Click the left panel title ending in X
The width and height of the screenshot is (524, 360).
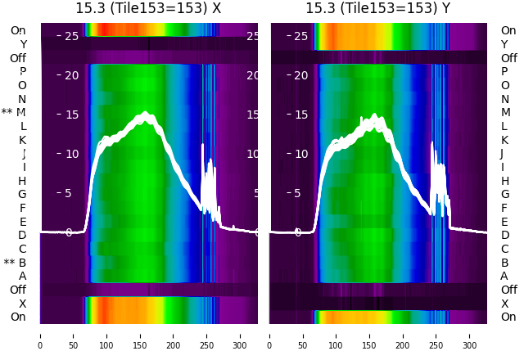148,8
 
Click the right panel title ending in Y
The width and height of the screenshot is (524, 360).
378,8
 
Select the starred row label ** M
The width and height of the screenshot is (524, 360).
14,113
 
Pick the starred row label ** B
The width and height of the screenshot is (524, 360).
16,263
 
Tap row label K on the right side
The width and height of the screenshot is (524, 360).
504,140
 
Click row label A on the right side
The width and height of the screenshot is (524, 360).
504,277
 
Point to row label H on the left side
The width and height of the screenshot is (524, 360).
22,181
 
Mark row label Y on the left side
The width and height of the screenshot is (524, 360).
23,45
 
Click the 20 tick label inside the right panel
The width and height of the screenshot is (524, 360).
301,75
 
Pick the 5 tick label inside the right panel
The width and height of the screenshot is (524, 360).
301,193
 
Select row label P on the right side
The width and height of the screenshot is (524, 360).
504,72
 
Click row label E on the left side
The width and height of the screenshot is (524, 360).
23,222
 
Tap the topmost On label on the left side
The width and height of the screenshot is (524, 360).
18,30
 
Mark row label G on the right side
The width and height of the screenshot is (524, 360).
504,195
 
